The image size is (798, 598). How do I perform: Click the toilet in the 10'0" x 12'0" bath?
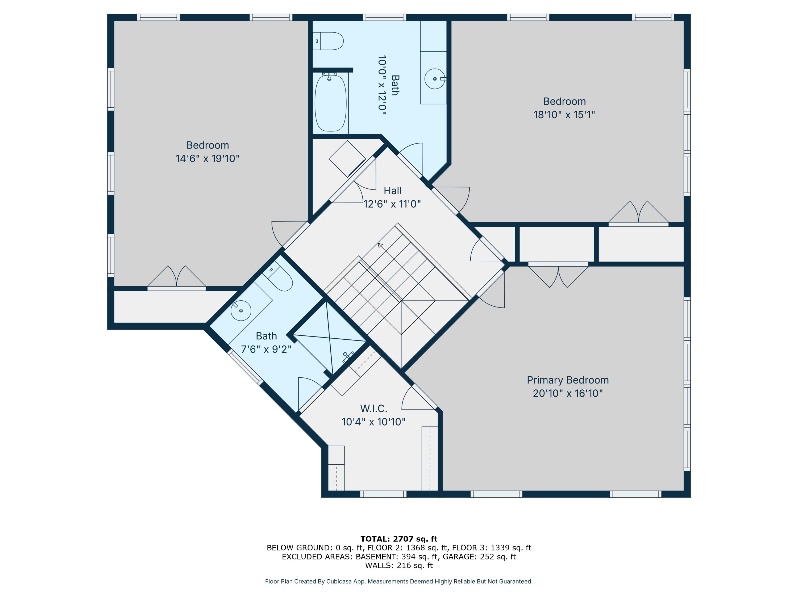[328, 41]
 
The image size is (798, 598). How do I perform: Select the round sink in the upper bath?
[434, 79]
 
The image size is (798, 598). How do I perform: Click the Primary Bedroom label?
[567, 380]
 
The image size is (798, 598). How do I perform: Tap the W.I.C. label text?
[373, 409]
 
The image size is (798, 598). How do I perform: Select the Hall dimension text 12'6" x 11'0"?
[392, 204]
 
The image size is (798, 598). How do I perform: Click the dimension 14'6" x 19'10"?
[207, 159]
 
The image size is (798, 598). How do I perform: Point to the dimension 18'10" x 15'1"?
[564, 115]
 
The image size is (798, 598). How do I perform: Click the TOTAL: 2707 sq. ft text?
[399, 539]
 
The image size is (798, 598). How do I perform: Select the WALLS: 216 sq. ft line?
[399, 565]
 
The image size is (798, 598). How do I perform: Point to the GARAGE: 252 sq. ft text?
[479, 557]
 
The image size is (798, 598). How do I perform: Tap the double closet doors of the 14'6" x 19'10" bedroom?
[176, 277]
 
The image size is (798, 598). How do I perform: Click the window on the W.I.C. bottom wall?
[383, 494]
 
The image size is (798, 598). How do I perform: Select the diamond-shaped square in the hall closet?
[347, 159]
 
